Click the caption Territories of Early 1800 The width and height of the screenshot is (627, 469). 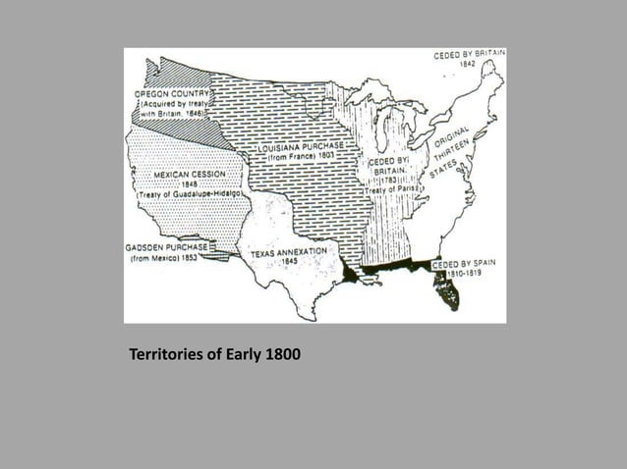pyautogui.click(x=214, y=353)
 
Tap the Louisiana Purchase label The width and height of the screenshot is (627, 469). pyautogui.click(x=301, y=148)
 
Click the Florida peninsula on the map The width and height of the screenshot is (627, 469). pyautogui.click(x=445, y=288)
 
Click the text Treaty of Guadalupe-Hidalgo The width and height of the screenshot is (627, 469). pyautogui.click(x=191, y=195)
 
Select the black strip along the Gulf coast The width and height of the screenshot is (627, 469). pyautogui.click(x=393, y=269)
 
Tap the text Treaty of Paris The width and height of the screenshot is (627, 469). pyautogui.click(x=391, y=188)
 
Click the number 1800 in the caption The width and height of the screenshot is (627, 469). pyautogui.click(x=283, y=353)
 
